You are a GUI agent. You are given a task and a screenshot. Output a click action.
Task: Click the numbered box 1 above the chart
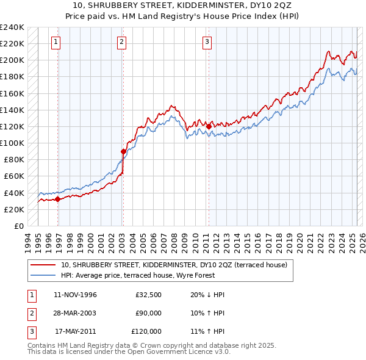(x=56, y=42)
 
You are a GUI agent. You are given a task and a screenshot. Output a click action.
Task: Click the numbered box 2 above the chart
(x=122, y=42)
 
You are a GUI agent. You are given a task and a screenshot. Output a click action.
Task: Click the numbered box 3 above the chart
(x=207, y=42)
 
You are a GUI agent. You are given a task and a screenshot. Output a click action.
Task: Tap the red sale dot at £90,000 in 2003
(x=123, y=151)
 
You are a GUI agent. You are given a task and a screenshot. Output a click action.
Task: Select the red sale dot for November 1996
(x=58, y=199)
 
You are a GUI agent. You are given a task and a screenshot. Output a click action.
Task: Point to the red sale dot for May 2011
(x=209, y=126)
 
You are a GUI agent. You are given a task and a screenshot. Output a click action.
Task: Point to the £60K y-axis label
(x=13, y=176)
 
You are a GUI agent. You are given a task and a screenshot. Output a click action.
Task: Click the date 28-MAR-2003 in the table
(x=76, y=313)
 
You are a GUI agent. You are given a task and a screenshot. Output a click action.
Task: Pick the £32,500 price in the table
(x=148, y=295)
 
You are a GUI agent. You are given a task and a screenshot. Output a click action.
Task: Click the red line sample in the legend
(x=44, y=265)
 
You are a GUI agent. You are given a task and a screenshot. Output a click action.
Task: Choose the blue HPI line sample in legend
(x=44, y=275)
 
